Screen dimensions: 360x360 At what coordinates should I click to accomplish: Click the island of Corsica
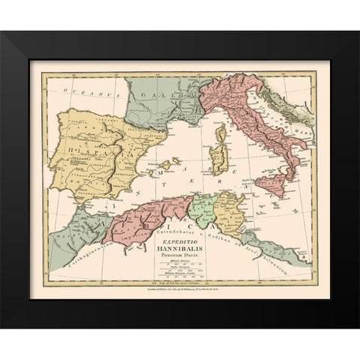click(220, 136)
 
